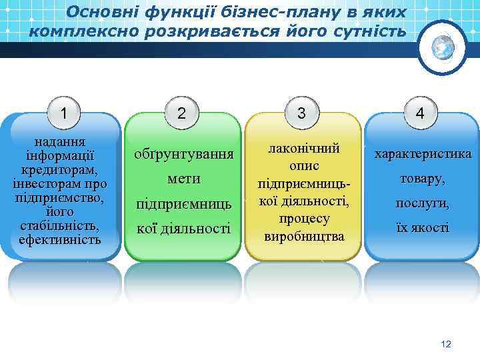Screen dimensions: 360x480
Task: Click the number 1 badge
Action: pyautogui.click(x=63, y=113)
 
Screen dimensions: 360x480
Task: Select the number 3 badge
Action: pyautogui.click(x=302, y=113)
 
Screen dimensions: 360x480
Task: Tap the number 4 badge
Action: pyautogui.click(x=420, y=113)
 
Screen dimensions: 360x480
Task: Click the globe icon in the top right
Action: pyautogui.click(x=442, y=47)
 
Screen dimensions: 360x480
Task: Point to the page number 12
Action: pyautogui.click(x=446, y=344)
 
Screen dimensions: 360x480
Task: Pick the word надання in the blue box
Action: pyautogui.click(x=60, y=143)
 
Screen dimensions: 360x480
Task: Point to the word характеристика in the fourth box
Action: pyautogui.click(x=423, y=155)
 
